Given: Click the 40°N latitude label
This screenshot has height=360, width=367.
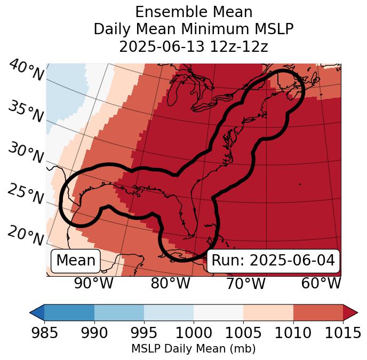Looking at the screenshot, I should click(x=26, y=71).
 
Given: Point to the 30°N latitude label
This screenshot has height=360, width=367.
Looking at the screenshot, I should click(x=25, y=153).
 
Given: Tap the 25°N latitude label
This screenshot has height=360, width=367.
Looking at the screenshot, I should click(x=25, y=195).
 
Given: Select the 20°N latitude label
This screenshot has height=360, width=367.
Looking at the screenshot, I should click(x=25, y=236).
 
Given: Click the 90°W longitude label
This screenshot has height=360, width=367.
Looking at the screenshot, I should click(x=93, y=284).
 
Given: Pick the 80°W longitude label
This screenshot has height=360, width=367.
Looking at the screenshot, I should click(x=171, y=284).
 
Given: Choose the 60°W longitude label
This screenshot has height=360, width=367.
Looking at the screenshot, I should click(x=321, y=284).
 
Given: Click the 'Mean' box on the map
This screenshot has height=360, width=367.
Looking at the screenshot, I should click(x=76, y=261).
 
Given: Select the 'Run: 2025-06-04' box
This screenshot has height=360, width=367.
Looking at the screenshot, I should click(x=273, y=261).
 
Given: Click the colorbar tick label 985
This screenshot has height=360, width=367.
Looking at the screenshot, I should click(x=44, y=333).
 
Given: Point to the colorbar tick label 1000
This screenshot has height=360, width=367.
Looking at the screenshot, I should click(x=194, y=333).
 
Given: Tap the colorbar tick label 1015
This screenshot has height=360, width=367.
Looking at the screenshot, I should click(x=343, y=333).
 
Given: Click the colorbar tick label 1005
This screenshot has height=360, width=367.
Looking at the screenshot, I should click(x=243, y=333).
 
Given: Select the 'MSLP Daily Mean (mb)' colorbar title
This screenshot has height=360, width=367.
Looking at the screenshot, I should click(x=194, y=349).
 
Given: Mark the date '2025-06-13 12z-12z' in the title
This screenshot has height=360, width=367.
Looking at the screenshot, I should click(x=194, y=46).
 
